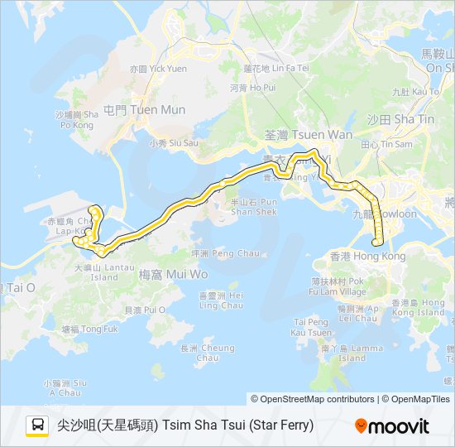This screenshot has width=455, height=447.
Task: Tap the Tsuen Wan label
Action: [x=308, y=135]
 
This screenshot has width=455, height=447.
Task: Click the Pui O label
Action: [x=139, y=310]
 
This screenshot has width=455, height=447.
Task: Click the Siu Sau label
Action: [x=174, y=142]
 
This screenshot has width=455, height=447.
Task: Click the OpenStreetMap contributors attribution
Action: [x=318, y=399]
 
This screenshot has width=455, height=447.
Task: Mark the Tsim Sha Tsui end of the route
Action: [x=377, y=243]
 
